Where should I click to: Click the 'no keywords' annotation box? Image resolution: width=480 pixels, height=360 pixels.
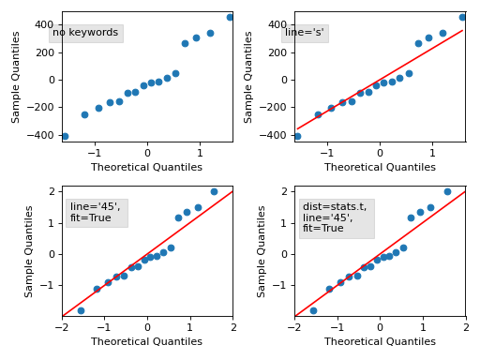click(85, 33)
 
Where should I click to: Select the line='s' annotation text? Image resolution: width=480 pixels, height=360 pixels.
click(305, 33)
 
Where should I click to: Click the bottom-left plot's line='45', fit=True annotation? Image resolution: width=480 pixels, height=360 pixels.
click(96, 212)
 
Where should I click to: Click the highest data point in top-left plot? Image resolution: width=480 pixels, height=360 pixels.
click(230, 17)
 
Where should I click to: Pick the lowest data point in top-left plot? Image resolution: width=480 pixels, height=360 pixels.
click(65, 136)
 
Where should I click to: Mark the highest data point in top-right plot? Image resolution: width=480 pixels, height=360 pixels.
click(462, 17)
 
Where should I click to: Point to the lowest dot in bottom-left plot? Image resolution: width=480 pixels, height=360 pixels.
click(81, 310)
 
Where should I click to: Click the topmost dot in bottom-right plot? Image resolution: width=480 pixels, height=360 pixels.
click(447, 191)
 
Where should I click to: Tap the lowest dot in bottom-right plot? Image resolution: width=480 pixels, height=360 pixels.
click(313, 310)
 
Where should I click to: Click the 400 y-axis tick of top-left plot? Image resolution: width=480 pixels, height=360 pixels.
click(44, 24)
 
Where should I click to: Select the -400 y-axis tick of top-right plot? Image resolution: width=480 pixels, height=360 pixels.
click(273, 136)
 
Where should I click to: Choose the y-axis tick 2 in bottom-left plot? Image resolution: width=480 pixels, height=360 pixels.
click(53, 191)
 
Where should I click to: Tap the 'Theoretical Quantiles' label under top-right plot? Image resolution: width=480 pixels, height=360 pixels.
click(380, 167)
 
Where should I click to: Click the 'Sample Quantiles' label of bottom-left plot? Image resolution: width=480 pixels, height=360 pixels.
click(30, 251)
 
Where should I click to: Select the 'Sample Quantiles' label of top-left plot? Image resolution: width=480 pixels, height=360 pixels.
click(17, 77)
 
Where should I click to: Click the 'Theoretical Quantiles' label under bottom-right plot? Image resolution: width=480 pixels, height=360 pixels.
click(380, 342)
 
